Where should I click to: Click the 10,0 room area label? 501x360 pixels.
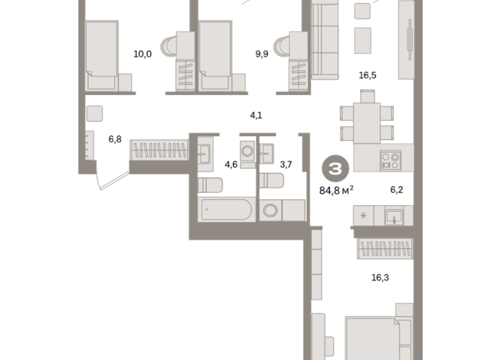coord(142,54)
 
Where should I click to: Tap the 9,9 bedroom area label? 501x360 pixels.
coord(262,54)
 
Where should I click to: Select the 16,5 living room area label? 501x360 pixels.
coord(368,75)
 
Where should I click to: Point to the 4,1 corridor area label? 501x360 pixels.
coord(256,116)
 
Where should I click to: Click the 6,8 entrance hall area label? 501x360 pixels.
coord(115,139)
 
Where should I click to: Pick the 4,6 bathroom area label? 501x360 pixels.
coord(231,165)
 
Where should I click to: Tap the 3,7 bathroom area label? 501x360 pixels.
coord(286,165)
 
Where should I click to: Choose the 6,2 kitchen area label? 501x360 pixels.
coord(397,190)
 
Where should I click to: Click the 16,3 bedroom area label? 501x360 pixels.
coord(380,277)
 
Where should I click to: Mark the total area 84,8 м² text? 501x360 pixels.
coord(336,191)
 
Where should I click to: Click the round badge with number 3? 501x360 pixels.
coord(336,169)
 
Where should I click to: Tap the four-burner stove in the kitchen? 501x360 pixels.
coord(391,161)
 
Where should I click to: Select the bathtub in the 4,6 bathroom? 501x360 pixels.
coord(227,210)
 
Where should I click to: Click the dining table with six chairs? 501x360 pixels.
coord(367,118)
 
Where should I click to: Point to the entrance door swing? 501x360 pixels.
coord(113,181)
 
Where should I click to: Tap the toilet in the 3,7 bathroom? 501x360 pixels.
coord(272,181)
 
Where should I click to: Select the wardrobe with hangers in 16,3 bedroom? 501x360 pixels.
coord(385,248)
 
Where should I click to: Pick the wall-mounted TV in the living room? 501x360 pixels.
coord(410,40)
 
